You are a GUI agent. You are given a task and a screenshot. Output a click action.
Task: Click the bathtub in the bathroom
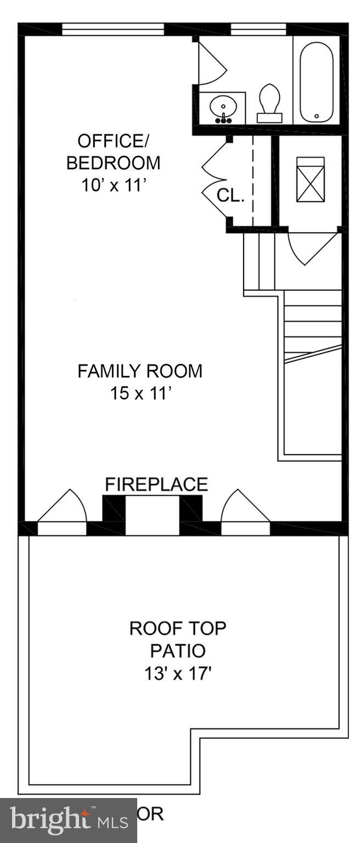coord(317,81)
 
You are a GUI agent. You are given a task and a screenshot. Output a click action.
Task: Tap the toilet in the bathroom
coord(269,103)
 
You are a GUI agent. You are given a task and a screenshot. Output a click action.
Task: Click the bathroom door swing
coord(211,62)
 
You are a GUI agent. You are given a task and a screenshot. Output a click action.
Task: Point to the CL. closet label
coord(230,195)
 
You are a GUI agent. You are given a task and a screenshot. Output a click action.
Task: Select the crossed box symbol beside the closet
coord(310,179)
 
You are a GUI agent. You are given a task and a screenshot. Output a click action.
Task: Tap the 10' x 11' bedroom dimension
coord(114,185)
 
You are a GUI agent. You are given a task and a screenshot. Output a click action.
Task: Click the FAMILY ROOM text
coord(139,371)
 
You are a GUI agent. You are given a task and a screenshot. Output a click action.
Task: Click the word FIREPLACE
coord(156,484)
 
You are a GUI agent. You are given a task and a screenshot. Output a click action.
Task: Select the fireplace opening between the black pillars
coord(153,516)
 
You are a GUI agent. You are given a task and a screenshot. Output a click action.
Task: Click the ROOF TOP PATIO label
coord(178,639)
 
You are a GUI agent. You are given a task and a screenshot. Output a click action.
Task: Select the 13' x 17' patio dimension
coord(178,673)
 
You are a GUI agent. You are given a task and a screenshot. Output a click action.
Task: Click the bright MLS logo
coord(69,820)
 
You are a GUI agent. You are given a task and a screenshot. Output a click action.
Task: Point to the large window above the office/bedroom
coord(113,29)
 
